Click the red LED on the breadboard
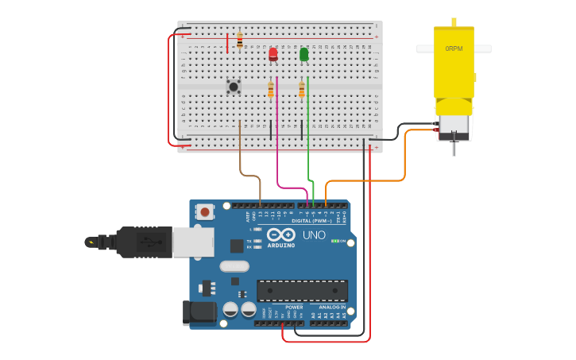pos(273,54)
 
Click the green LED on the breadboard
pos(304,54)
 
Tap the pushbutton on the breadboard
pos(234,86)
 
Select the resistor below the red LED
pos(271,90)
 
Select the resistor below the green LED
pos(302,90)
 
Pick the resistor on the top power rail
pos(240,40)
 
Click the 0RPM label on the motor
pos(454,48)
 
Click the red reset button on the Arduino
pos(206,212)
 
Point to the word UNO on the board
pos(314,235)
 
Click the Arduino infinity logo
pos(281,234)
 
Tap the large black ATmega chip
pos(302,290)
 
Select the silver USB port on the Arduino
pos(193,242)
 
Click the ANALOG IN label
pos(332,307)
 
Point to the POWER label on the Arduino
pos(294,307)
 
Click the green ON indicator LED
pos(336,241)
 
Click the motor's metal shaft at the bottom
pos(454,147)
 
